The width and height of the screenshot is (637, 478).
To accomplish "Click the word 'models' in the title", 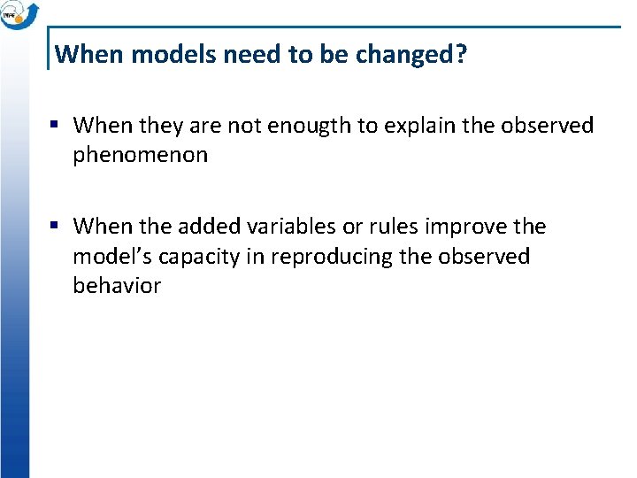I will (172, 55).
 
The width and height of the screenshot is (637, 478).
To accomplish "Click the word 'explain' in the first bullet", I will (414, 126).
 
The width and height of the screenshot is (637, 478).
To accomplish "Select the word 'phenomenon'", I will (141, 155).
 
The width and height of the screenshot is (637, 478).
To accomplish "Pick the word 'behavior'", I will (117, 286).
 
